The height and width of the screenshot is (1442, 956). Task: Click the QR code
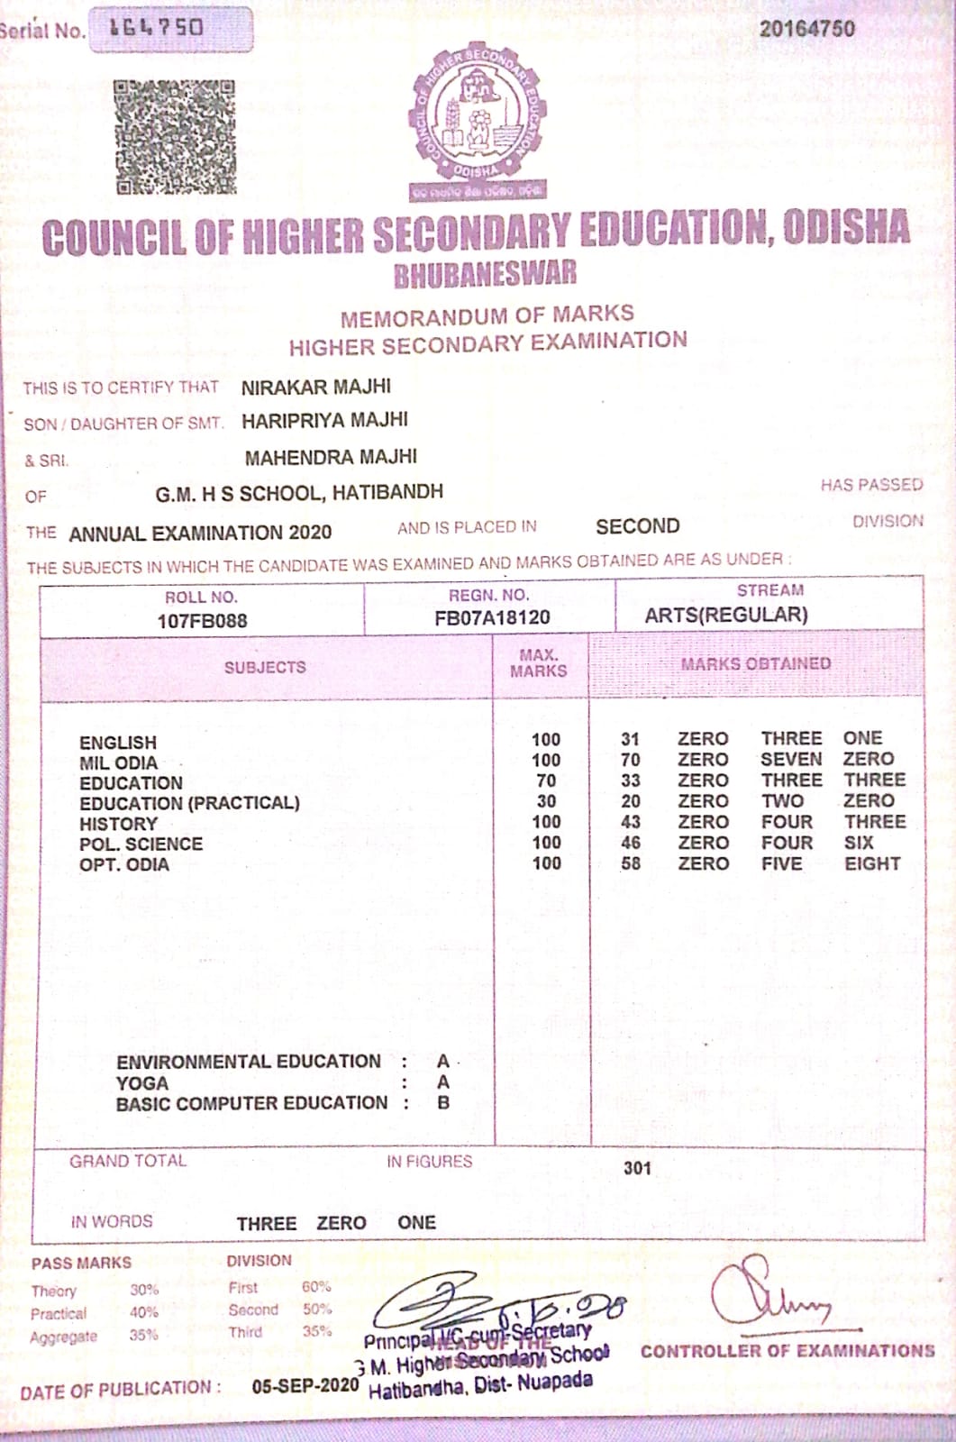pyautogui.click(x=176, y=137)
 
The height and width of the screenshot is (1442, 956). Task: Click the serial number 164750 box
pyautogui.click(x=170, y=30)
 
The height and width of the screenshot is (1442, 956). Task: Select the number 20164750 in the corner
pyautogui.click(x=806, y=28)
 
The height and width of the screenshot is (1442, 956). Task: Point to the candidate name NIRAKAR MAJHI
pyautogui.click(x=315, y=387)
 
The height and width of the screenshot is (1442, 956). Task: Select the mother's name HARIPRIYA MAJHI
pyautogui.click(x=324, y=420)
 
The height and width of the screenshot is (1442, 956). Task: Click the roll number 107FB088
pyautogui.click(x=202, y=620)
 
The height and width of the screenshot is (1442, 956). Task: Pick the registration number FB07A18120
pyautogui.click(x=492, y=617)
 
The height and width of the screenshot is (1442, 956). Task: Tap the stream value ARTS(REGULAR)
pyautogui.click(x=726, y=615)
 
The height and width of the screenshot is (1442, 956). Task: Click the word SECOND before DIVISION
pyautogui.click(x=638, y=526)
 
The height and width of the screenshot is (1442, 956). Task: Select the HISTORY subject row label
pyautogui.click(x=118, y=824)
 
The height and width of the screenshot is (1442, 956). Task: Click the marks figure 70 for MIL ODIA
pyautogui.click(x=631, y=760)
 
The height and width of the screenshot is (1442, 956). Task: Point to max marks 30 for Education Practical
pyautogui.click(x=546, y=801)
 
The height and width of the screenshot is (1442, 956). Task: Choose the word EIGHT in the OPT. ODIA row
pyautogui.click(x=871, y=863)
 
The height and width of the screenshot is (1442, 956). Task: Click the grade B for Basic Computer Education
pyautogui.click(x=443, y=1102)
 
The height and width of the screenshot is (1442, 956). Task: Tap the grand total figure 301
pyautogui.click(x=637, y=1168)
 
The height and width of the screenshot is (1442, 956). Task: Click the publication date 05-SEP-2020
pyautogui.click(x=305, y=1385)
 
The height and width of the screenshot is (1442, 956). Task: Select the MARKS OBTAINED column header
pyautogui.click(x=755, y=664)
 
